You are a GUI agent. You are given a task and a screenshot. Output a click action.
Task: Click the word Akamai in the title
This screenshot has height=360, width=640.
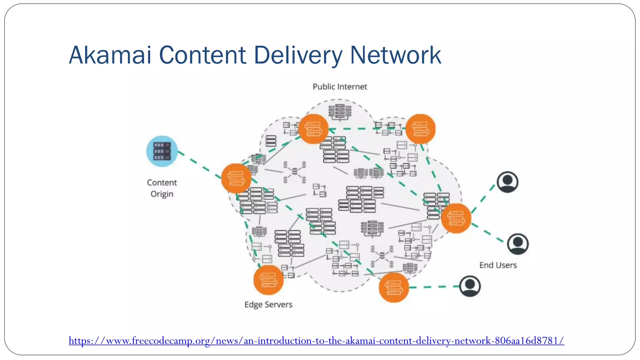(110, 55)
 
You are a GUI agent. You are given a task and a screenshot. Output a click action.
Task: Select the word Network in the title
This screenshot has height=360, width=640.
(395, 55)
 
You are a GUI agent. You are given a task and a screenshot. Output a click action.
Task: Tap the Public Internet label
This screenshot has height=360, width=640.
(340, 87)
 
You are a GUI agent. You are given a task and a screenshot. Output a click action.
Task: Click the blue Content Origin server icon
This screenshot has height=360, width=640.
(162, 151)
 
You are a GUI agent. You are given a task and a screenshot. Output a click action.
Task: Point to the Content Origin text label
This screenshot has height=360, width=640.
(162, 188)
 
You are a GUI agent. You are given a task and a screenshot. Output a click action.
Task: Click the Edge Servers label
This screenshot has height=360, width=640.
(268, 304)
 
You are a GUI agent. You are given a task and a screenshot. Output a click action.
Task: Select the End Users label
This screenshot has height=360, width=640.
(498, 265)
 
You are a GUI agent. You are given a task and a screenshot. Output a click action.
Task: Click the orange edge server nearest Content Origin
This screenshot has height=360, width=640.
(236, 178)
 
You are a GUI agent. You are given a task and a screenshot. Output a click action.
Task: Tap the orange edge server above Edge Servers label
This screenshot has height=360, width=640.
(268, 280)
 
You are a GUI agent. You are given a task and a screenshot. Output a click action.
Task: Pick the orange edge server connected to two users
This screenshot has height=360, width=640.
(456, 218)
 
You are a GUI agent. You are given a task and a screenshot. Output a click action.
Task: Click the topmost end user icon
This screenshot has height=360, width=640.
(507, 182)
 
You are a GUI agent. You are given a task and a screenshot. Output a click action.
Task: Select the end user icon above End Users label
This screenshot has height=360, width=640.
(517, 244)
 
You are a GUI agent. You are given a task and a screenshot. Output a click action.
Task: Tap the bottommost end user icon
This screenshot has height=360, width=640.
(470, 286)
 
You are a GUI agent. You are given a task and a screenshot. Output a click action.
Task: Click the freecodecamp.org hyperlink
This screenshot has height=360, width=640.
(316, 340)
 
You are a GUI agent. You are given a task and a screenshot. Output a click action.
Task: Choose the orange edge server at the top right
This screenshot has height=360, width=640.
(420, 129)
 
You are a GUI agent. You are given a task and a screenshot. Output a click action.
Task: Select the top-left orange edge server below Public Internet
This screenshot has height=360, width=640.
(313, 129)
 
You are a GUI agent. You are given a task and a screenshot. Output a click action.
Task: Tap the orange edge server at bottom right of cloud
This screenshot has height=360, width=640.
(393, 287)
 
